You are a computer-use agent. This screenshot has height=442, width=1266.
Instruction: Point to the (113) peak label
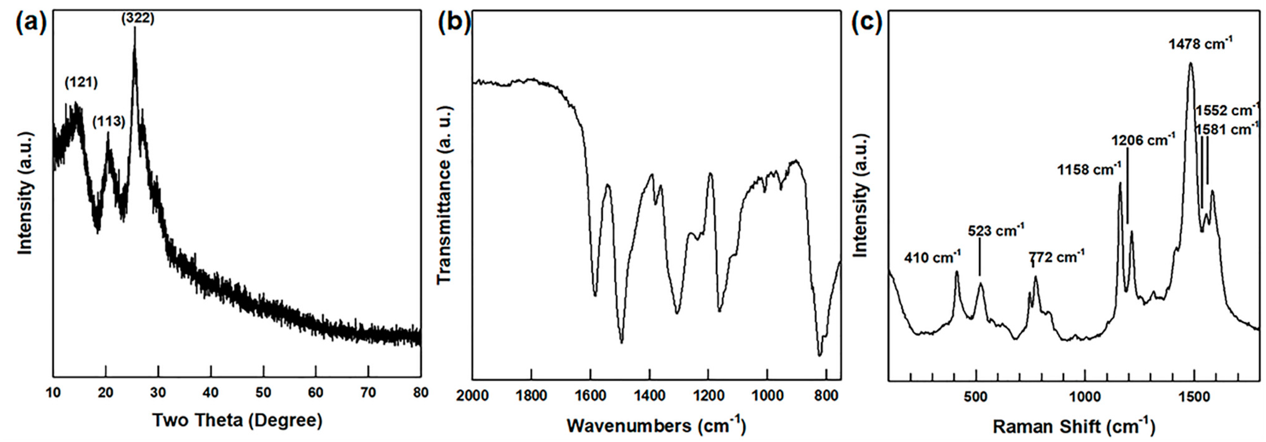(109, 121)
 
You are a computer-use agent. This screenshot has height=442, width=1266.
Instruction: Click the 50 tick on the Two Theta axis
(264, 392)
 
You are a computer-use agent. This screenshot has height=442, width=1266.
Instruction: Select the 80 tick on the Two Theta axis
(420, 392)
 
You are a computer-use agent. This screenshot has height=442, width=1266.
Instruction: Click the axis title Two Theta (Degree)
(237, 420)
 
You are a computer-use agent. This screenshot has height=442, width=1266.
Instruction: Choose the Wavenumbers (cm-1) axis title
(656, 425)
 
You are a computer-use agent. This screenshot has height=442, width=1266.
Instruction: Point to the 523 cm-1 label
(996, 230)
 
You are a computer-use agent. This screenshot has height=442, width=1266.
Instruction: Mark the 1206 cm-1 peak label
(1143, 140)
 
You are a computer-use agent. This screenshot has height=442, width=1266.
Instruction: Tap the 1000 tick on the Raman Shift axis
(1085, 396)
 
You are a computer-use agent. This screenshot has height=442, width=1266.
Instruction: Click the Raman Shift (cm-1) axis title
(1074, 426)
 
